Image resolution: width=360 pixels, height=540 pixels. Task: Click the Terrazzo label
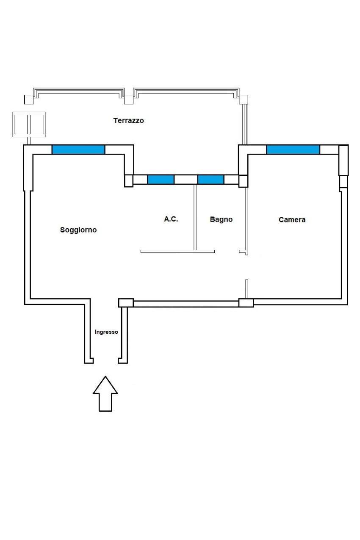[x=128, y=120]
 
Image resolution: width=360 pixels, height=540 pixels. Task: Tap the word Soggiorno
[x=78, y=230]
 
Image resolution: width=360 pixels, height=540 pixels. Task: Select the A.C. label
[x=171, y=219]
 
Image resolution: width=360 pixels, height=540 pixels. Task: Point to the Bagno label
[x=221, y=219]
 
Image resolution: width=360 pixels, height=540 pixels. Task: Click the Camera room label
[x=292, y=220]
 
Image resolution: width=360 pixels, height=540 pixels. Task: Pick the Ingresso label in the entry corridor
[x=106, y=332]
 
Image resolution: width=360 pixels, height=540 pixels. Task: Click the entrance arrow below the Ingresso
[x=105, y=393]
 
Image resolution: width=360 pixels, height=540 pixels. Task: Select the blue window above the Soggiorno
[x=78, y=150]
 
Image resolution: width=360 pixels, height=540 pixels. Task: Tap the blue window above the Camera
[x=293, y=150]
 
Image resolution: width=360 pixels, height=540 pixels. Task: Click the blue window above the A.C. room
[x=161, y=180]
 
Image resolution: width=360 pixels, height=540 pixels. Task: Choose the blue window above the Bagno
[x=210, y=180]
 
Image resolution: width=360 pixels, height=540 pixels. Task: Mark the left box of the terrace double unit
[x=20, y=124]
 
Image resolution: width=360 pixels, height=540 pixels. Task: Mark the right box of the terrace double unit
[x=37, y=124]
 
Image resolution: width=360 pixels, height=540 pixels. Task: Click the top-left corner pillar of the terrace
[x=28, y=100]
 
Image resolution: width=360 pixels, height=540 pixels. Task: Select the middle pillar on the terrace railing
[x=128, y=100]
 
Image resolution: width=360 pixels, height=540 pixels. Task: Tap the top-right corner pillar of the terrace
[x=243, y=100]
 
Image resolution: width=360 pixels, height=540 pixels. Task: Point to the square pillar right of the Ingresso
[x=126, y=303]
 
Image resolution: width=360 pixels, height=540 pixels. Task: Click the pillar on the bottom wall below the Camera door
[x=246, y=303]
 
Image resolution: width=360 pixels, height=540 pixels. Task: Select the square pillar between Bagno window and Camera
[x=243, y=181]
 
